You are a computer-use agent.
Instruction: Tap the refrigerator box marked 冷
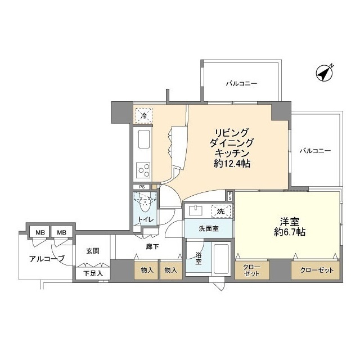click(x=143, y=116)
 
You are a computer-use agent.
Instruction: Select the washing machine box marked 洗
click(x=221, y=211)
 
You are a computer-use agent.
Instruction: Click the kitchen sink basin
click(x=143, y=138)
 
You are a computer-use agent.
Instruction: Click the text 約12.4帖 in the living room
click(x=232, y=164)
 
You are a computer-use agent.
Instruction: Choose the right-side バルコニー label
click(x=315, y=151)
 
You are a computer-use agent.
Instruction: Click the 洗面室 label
click(x=209, y=229)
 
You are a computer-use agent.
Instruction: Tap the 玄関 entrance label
click(x=93, y=251)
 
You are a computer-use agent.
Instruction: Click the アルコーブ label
click(x=47, y=259)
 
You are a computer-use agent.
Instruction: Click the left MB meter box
click(x=40, y=232)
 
